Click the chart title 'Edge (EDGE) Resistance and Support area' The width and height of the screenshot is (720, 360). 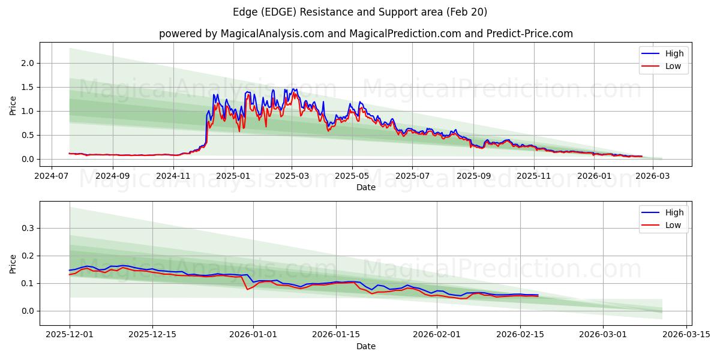click(359, 12)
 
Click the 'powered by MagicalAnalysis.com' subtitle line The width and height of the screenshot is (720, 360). click(365, 34)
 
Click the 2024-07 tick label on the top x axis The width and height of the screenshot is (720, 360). click(52, 176)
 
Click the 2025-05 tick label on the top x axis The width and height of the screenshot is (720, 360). click(352, 176)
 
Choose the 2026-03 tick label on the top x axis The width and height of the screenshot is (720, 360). click(652, 176)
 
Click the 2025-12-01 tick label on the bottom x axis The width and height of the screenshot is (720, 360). click(70, 335)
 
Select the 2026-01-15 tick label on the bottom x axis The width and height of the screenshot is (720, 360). click(336, 335)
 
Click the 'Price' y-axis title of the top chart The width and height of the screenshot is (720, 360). click(13, 106)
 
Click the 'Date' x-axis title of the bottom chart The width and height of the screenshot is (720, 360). click(365, 346)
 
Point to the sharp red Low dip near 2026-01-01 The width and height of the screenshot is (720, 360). click(247, 289)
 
